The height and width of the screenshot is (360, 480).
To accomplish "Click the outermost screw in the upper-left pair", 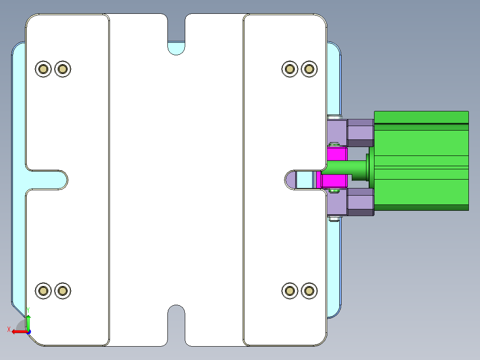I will (x=43, y=69).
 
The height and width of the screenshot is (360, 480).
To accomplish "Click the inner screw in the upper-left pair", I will (x=63, y=69).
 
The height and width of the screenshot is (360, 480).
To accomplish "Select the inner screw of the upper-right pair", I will (x=290, y=69).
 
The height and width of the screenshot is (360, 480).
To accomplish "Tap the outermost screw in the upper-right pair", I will (x=309, y=69).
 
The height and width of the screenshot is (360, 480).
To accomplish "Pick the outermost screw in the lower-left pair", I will (x=43, y=291).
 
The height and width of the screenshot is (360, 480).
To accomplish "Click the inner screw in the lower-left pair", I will (x=63, y=291).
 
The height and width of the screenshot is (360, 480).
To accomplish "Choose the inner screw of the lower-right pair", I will (x=290, y=291).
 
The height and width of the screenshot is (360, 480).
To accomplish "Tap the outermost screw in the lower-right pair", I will (x=309, y=291).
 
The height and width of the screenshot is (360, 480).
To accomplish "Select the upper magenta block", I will (x=337, y=154).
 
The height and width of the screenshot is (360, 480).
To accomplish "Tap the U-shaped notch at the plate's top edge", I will (x=176, y=33).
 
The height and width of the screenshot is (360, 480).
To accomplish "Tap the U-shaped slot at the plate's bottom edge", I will (x=176, y=325).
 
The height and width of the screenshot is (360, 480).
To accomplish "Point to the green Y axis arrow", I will (x=28, y=321).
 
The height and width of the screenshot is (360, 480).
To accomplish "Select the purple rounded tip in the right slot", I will (x=291, y=180).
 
